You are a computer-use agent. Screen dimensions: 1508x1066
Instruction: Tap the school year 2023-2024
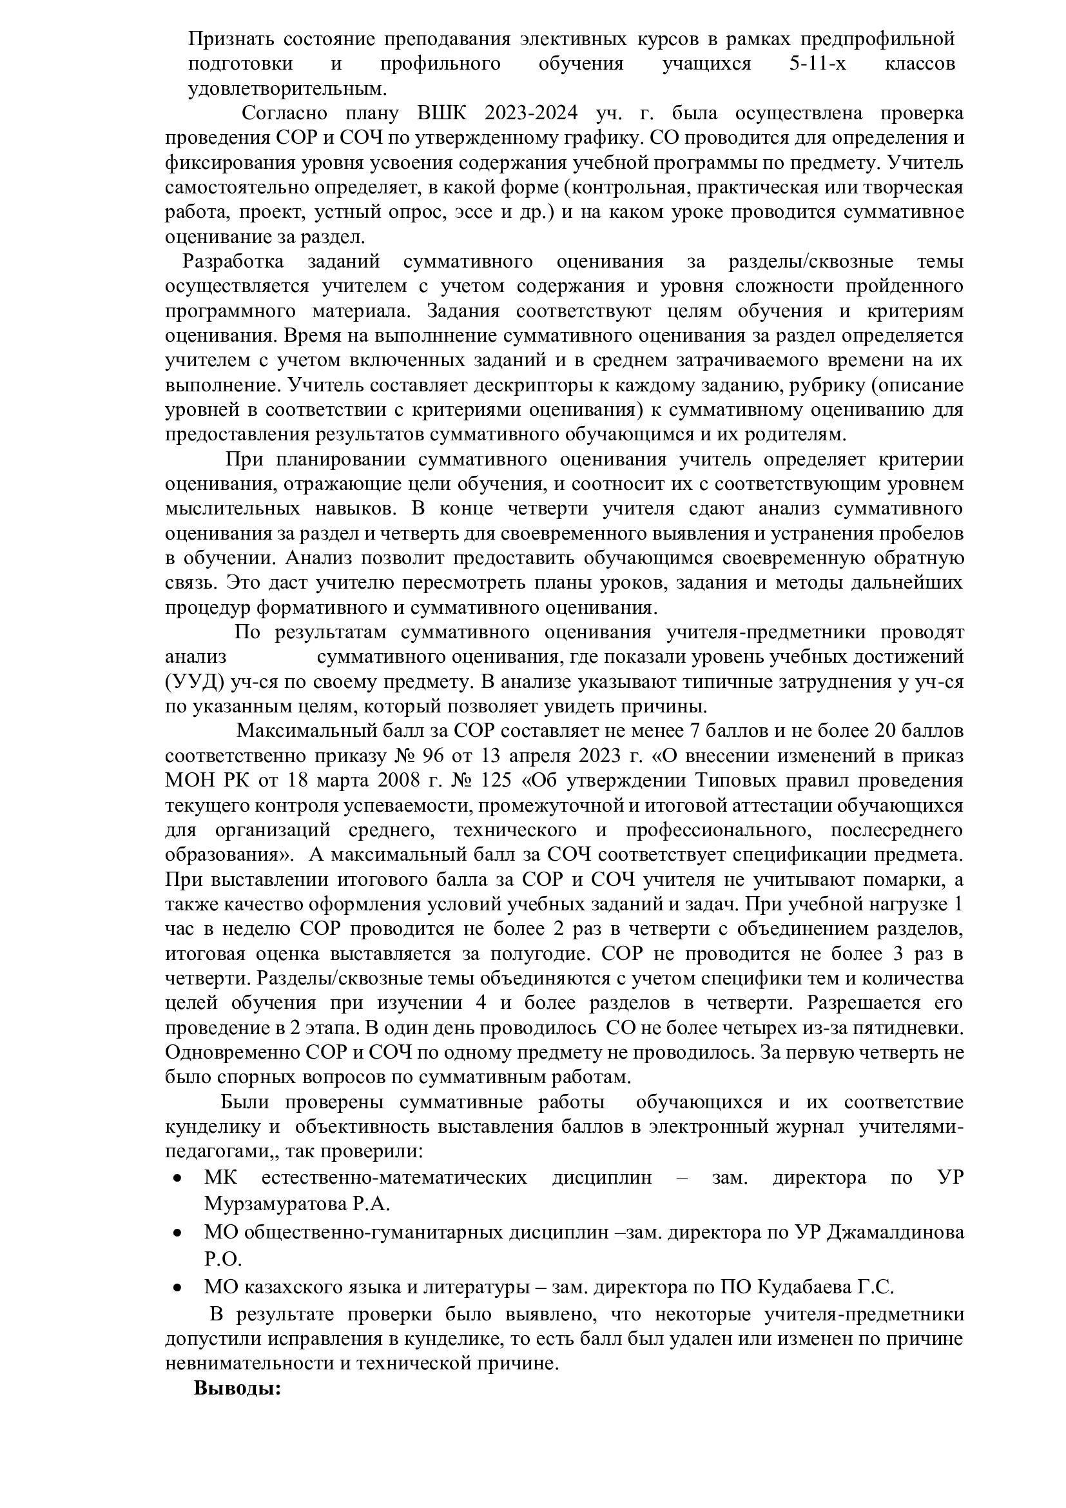coord(531,113)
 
